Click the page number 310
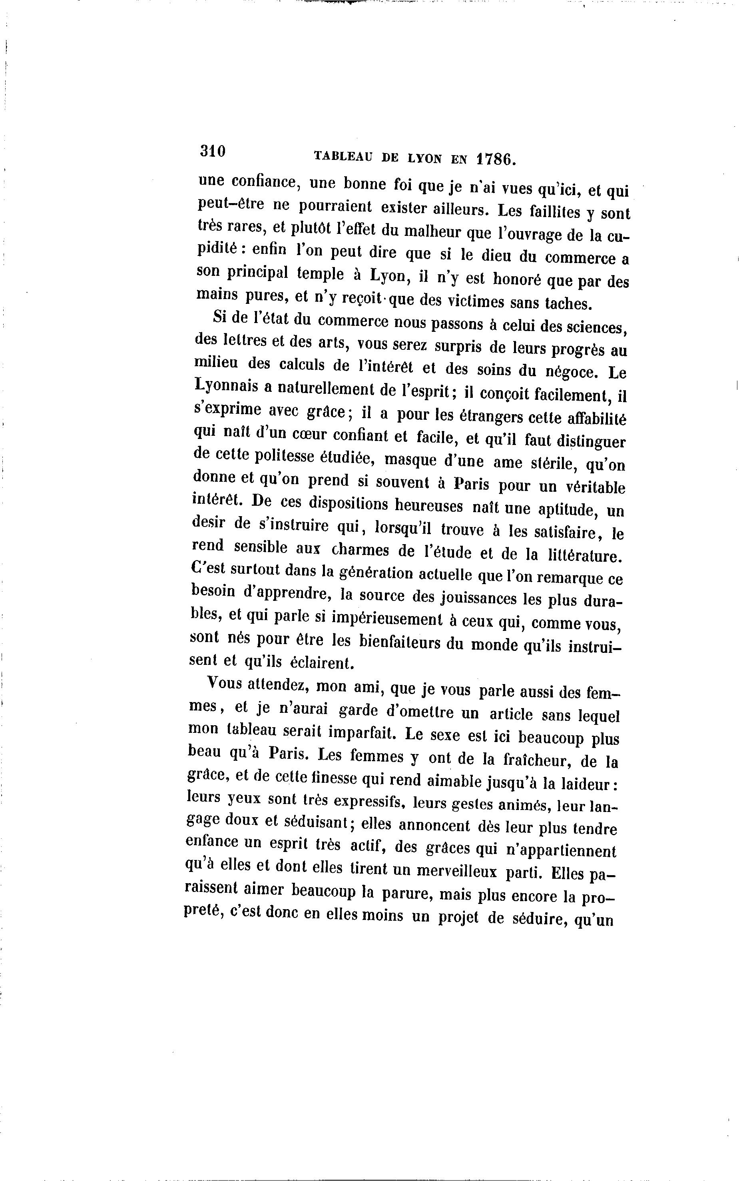click(212, 151)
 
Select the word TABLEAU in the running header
click(343, 156)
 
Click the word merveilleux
click(456, 871)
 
